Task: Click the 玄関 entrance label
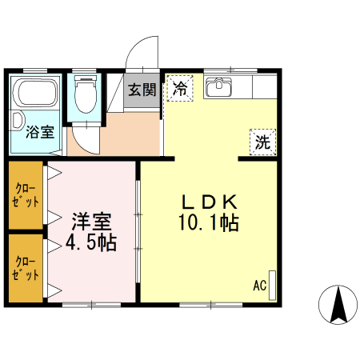(x=142, y=90)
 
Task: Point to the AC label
(x=259, y=285)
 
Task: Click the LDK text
(x=210, y=202)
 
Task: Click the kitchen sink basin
(x=217, y=88)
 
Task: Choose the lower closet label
(x=26, y=267)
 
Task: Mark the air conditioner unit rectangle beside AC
(x=271, y=285)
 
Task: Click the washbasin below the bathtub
(x=18, y=122)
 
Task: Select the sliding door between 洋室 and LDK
(x=138, y=232)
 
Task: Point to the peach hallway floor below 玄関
(x=120, y=132)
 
